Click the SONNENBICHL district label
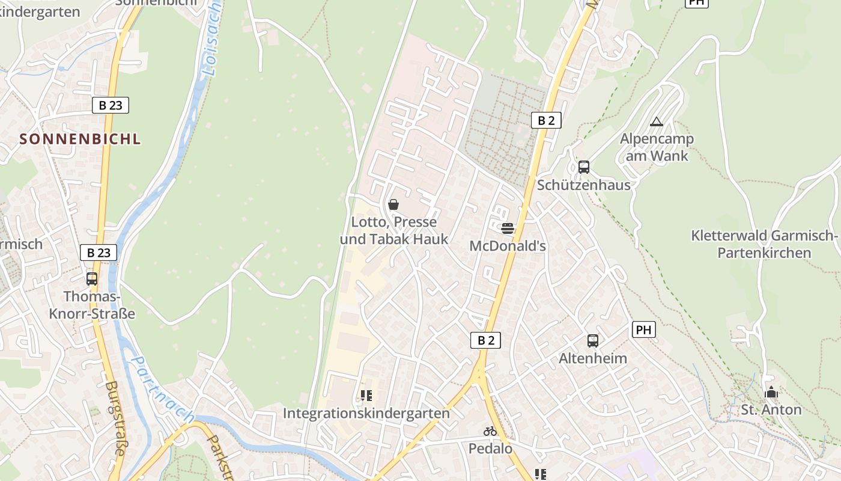(80, 139)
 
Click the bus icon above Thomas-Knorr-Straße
(91, 279)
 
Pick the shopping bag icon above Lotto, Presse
(393, 204)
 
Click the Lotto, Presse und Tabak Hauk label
(394, 230)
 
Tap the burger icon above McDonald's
(508, 228)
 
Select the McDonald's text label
(508, 245)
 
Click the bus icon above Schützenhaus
(583, 167)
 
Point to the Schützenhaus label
(583, 185)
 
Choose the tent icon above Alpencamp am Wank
(657, 122)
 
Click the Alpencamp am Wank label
(657, 147)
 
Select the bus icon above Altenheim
(593, 341)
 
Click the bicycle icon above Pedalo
(490, 431)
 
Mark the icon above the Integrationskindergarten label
(366, 396)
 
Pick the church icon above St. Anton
(771, 393)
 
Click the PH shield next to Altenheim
(643, 329)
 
